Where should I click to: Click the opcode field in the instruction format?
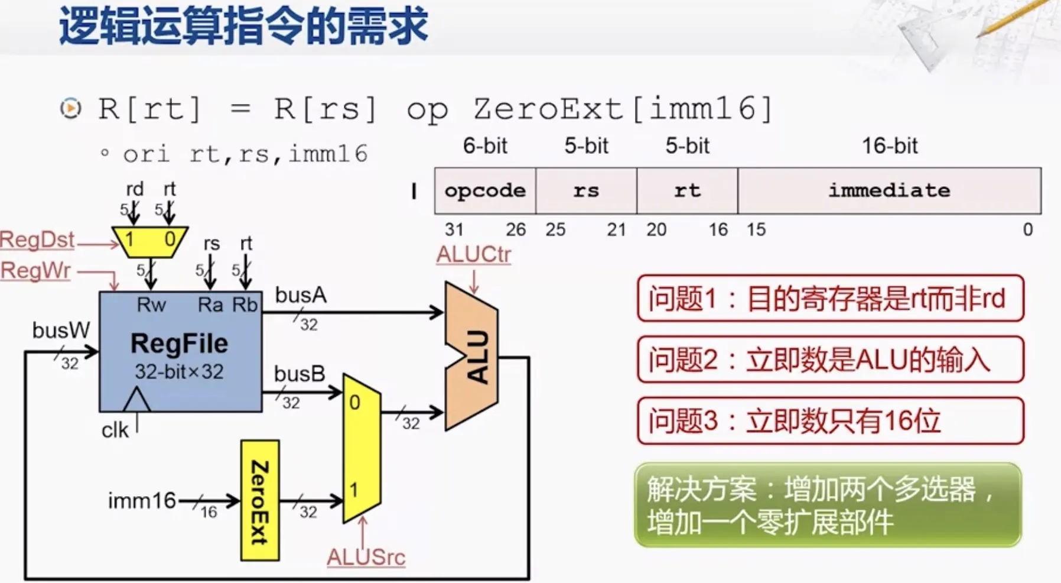pos(485,190)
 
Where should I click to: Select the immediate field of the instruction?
pos(889,190)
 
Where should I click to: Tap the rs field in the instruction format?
pos(586,190)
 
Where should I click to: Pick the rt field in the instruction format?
pos(687,190)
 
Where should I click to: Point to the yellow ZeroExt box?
pos(260,500)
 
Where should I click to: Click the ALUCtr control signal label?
pos(474,254)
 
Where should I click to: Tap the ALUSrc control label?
pos(366,557)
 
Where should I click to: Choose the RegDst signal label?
pos(37,240)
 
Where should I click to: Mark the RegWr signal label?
pos(35,271)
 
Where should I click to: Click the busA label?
pos(301,295)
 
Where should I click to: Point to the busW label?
pos(61,331)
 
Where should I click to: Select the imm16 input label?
pos(142,501)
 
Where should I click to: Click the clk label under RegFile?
pos(115,430)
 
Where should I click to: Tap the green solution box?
pos(827,505)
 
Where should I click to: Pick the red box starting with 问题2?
pos(830,359)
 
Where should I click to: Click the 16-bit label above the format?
pos(890,145)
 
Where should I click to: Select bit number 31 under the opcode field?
pos(454,229)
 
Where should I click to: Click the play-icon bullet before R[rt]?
pos(71,108)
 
